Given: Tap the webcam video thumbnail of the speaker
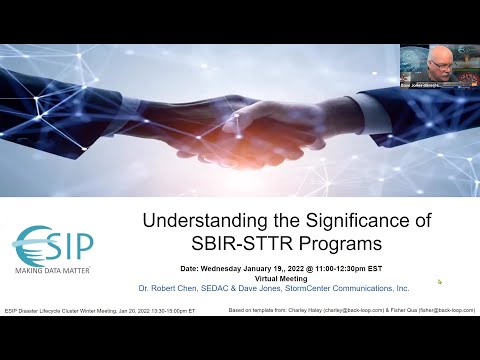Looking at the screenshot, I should click(x=437, y=67).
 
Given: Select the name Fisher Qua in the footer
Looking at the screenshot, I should click(x=401, y=310).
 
